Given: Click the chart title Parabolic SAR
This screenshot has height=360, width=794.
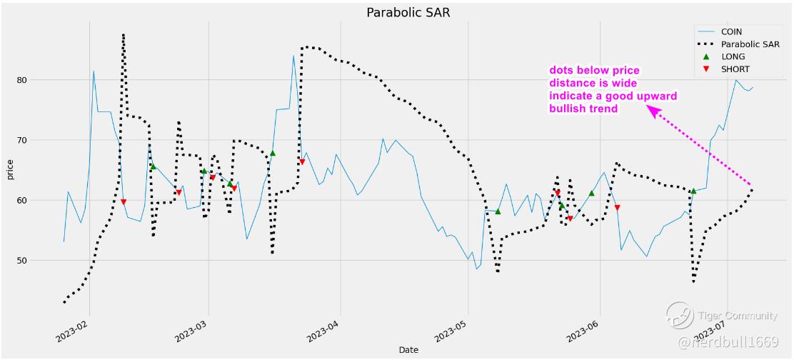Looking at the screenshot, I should click(408, 13).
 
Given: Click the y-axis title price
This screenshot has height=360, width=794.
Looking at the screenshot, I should click(9, 171).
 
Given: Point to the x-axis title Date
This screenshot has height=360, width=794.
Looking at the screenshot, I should click(408, 350).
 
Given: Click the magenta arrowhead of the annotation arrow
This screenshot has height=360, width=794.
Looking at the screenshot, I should click(652, 110).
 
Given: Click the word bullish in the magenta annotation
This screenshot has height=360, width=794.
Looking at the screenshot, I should click(568, 109).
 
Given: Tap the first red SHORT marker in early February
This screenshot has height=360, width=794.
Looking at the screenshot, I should click(124, 202).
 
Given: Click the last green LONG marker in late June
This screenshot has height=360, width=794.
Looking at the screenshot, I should click(693, 191).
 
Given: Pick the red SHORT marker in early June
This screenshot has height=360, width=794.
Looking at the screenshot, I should click(617, 208).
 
